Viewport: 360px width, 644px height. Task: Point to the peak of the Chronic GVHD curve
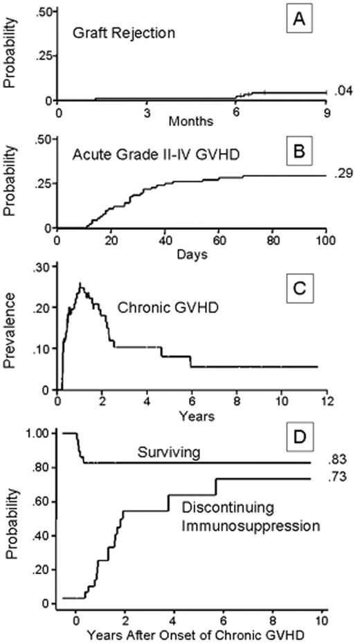(x=81, y=284)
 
